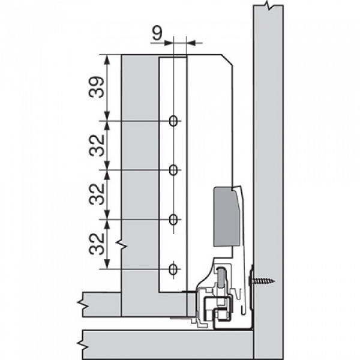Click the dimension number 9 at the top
(157, 33)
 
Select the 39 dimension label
(97, 87)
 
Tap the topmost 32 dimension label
(97, 145)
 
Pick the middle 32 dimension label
(97, 194)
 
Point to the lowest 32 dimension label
(97, 244)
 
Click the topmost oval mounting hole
(173, 121)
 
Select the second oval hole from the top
(173, 170)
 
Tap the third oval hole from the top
(173, 220)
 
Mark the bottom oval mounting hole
(173, 269)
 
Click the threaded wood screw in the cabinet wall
(262, 281)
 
